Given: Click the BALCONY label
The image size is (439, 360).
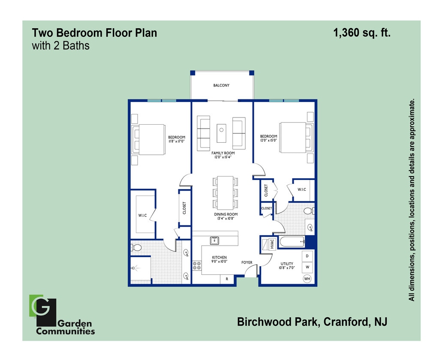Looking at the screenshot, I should [x=221, y=85].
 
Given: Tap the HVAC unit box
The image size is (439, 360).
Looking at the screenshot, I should [x=271, y=244].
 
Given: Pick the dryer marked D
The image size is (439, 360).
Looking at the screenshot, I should [x=307, y=256].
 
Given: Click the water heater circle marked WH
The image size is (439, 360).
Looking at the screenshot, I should [x=307, y=279].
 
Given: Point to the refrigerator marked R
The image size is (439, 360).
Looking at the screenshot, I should [x=226, y=279].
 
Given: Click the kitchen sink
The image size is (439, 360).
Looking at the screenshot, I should [x=214, y=240].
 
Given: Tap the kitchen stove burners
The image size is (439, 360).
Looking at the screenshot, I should [x=197, y=266].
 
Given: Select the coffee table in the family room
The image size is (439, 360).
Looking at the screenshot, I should [x=221, y=133].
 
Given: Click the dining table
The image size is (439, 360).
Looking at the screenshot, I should [x=226, y=192].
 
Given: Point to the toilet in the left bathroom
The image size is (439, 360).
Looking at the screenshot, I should [x=137, y=248].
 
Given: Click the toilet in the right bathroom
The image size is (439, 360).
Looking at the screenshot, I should [x=308, y=211].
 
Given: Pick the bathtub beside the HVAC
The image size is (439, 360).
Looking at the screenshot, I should [x=292, y=242].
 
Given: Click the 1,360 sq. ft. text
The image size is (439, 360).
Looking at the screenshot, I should [x=362, y=33].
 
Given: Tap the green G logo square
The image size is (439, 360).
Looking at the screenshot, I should [x=35, y=305].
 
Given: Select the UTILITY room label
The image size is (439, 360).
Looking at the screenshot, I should [x=287, y=264].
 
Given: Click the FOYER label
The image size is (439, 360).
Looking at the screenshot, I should [x=247, y=262].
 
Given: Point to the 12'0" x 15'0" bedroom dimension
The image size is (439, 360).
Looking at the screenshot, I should [x=269, y=140].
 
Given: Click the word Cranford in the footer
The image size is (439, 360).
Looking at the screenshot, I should [x=346, y=322].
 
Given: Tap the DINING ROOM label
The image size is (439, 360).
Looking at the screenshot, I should [x=226, y=214].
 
